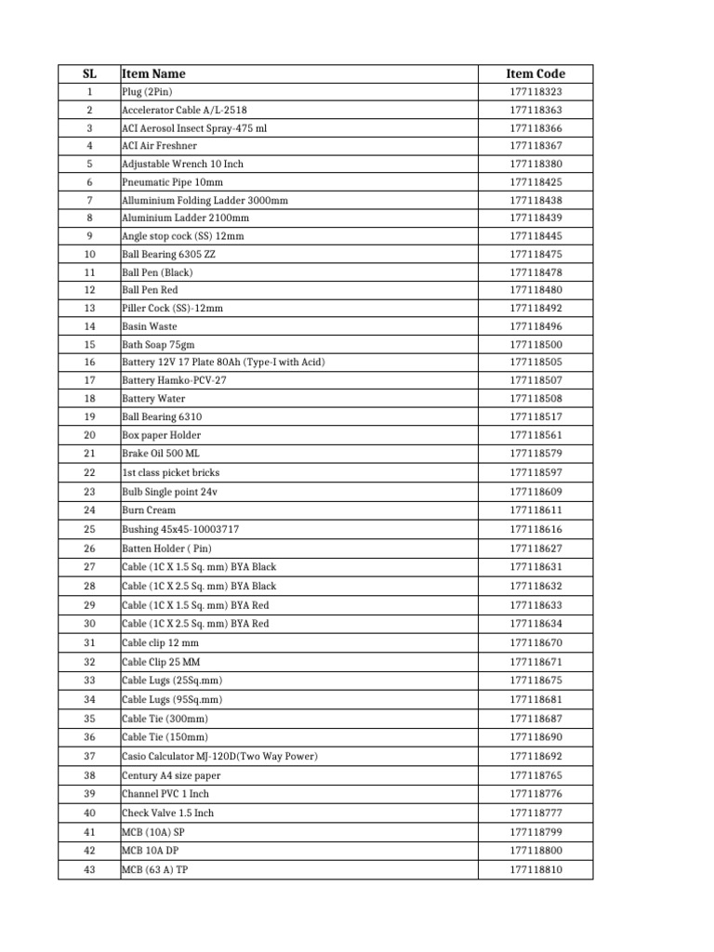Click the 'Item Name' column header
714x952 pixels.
pyautogui.click(x=153, y=73)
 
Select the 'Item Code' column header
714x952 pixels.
pyautogui.click(x=535, y=73)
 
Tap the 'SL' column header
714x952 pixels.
pyautogui.click(x=89, y=73)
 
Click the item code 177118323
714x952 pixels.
pyautogui.click(x=535, y=92)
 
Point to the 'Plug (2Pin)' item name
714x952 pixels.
pyautogui.click(x=147, y=92)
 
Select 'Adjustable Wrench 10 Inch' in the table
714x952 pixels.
pyautogui.click(x=182, y=164)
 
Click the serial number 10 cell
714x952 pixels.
pyautogui.click(x=89, y=254)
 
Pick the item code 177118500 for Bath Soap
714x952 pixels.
pyautogui.click(x=535, y=344)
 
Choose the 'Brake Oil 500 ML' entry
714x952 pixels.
pyautogui.click(x=160, y=453)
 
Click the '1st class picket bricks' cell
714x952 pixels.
pyautogui.click(x=170, y=472)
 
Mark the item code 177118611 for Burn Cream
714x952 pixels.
pyautogui.click(x=535, y=510)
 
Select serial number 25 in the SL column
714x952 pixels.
pyautogui.click(x=89, y=529)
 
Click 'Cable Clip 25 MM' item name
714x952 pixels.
pyautogui.click(x=160, y=662)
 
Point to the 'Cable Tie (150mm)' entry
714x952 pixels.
pyautogui.click(x=165, y=737)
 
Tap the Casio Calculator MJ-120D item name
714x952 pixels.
pyautogui.click(x=219, y=756)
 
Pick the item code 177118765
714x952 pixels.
pyautogui.click(x=535, y=775)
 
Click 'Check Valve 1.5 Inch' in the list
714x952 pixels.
pyautogui.click(x=167, y=813)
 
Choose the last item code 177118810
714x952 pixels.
pyautogui.click(x=535, y=870)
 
